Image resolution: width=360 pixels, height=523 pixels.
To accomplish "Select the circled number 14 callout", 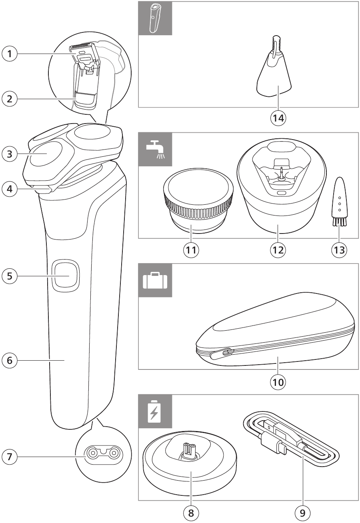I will tap(278, 118).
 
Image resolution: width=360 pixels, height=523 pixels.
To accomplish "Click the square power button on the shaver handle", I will tap(65, 275).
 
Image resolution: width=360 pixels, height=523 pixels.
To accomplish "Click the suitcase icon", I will tap(155, 280).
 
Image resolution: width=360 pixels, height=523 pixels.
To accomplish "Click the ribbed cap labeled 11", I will tap(196, 204).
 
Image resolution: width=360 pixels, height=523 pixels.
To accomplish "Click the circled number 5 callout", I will tap(10, 275).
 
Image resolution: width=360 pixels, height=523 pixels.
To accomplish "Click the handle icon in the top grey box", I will tap(155, 18).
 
